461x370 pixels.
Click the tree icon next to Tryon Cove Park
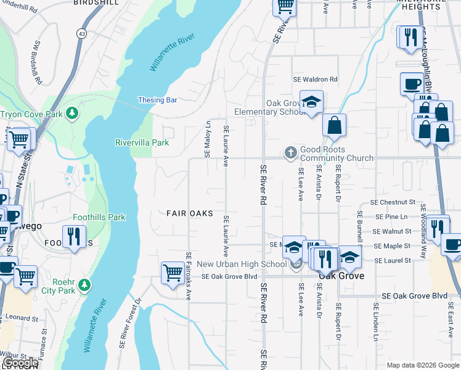pos(73,113)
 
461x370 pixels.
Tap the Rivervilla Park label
pos(142,142)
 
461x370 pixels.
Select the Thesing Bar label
pos(158,100)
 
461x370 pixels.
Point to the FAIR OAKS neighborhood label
pos(190,213)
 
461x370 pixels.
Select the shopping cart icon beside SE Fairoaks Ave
pos(173,273)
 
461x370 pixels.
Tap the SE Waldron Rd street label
pos(316,80)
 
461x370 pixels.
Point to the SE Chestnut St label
pos(393,202)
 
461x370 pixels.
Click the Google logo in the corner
pos(20,363)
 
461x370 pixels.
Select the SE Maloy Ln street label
pos(208,139)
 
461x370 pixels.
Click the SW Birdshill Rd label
pos(38,63)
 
